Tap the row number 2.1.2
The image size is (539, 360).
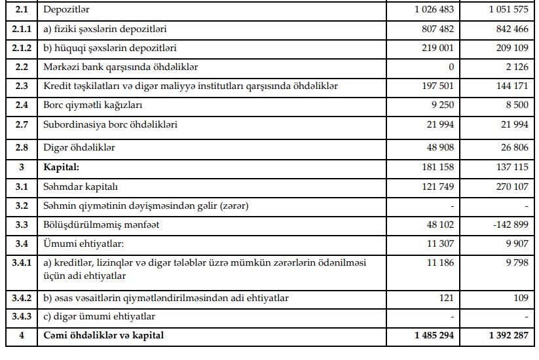[x=21, y=48]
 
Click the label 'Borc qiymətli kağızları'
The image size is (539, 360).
[x=93, y=105]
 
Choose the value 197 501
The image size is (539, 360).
[x=437, y=86]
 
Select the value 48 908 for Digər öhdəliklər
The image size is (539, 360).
[x=439, y=148]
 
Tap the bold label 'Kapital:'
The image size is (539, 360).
[x=61, y=168]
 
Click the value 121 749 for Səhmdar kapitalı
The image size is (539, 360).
[x=437, y=187]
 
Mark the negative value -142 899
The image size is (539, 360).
[x=504, y=225]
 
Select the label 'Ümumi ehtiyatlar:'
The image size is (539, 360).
[x=81, y=243]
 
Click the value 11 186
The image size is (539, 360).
[x=439, y=262]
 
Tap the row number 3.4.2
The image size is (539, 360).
[x=21, y=298]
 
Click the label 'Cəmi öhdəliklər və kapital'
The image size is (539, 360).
[x=103, y=336]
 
